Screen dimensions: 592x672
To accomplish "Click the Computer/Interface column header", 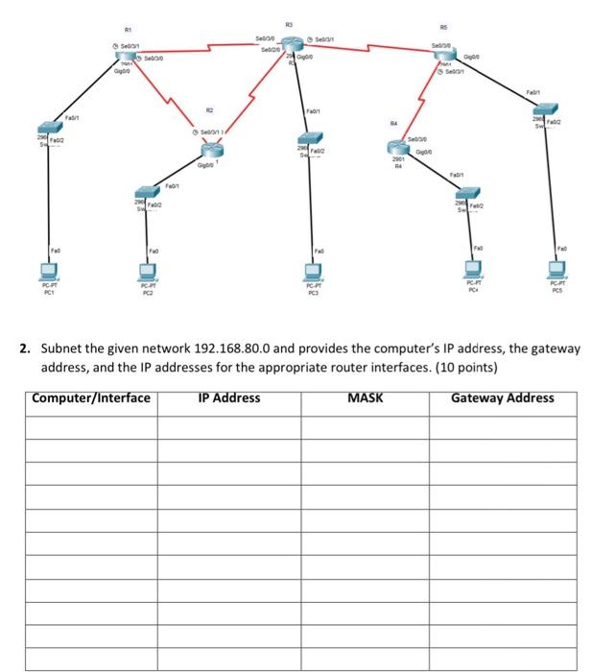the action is point(90,397).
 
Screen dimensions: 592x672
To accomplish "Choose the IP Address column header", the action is point(228,397).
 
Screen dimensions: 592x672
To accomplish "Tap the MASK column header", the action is point(365,397).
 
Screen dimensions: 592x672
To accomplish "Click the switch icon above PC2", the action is point(145,194).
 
